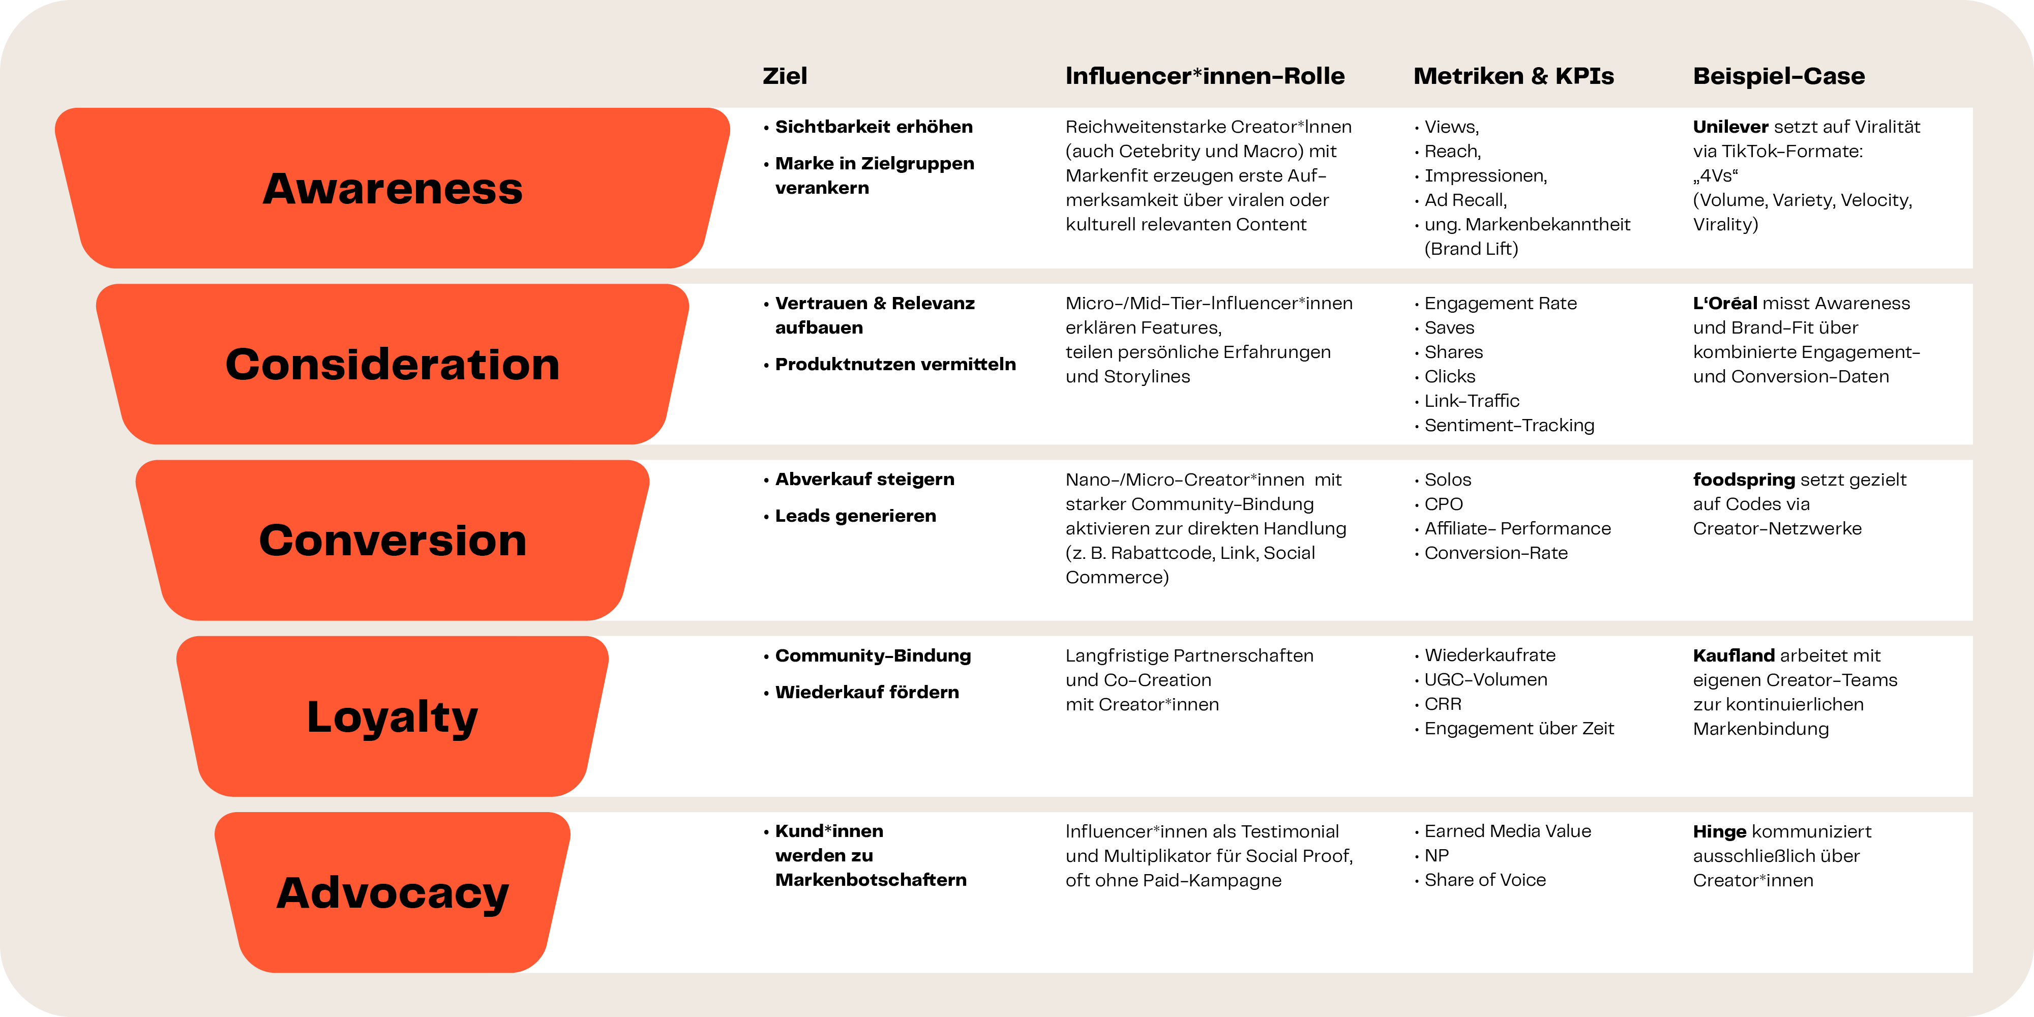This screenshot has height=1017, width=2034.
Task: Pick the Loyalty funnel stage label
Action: (x=393, y=717)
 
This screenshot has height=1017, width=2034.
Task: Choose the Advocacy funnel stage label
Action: (x=393, y=894)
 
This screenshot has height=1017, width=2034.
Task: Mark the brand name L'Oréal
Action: (x=1725, y=303)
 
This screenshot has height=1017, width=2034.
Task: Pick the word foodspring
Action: (x=1744, y=480)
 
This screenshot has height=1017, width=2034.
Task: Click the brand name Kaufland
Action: (x=1734, y=655)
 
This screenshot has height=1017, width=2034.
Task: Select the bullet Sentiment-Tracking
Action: (x=1509, y=426)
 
